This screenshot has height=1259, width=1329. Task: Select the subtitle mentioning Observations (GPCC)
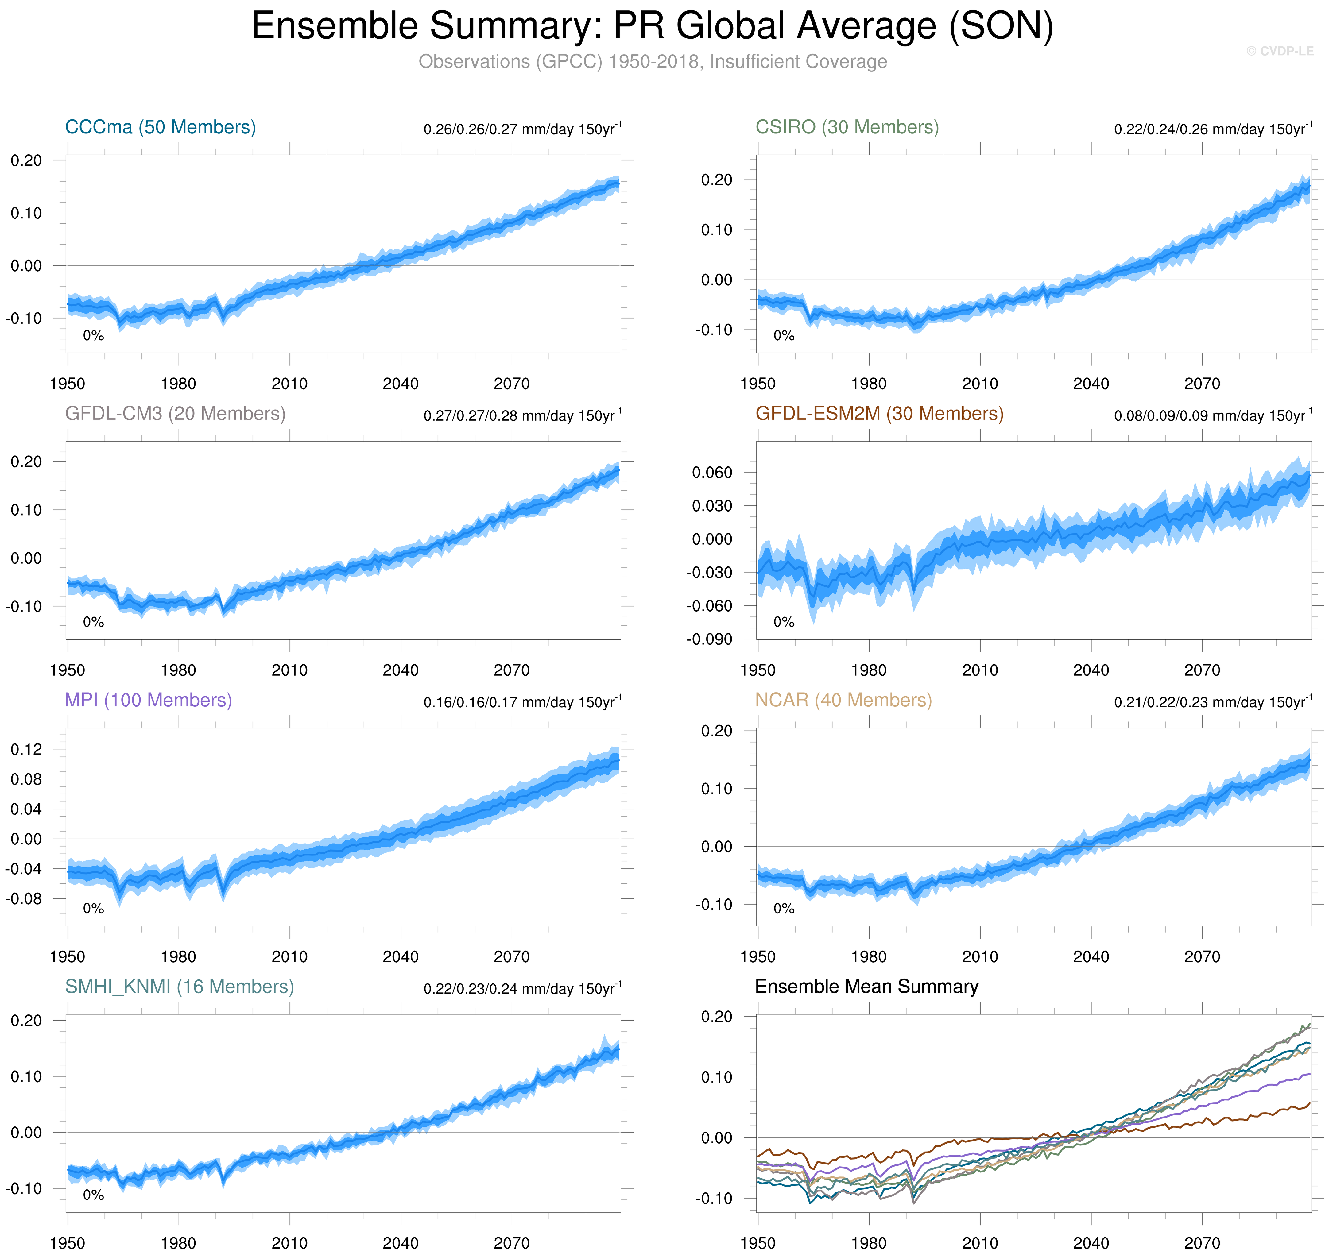tap(653, 62)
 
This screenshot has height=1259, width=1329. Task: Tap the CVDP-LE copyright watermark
tap(1279, 51)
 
